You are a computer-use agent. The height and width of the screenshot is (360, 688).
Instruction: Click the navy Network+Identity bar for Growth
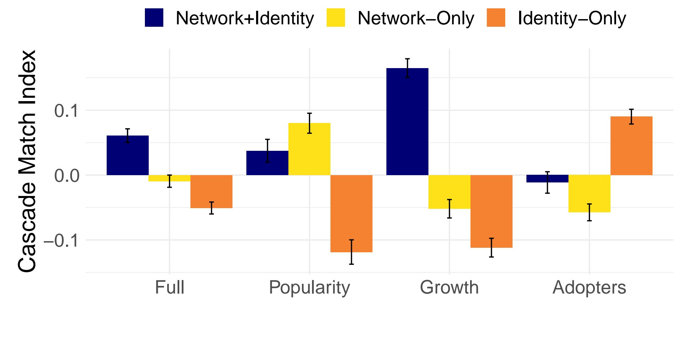coord(407,122)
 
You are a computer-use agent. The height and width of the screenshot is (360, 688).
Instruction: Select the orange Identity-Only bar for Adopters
coord(631,146)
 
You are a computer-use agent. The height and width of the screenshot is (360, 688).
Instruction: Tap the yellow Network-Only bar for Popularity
coord(309,149)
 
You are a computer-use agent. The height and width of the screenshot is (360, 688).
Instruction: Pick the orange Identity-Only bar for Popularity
coord(351,213)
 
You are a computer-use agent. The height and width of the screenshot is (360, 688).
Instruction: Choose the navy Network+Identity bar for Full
coord(128,155)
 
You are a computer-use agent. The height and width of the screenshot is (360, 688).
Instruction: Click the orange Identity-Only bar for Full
coord(211,191)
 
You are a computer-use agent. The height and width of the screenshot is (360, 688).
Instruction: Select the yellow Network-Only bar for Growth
coord(449,192)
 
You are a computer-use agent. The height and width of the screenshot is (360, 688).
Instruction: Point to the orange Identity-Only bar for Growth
coord(491,211)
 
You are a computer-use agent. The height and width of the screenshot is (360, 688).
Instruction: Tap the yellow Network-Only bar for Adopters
coord(589,194)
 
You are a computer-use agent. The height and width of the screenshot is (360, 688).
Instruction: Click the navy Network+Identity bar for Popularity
coord(267,163)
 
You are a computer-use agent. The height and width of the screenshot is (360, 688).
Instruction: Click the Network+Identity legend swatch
coord(154,18)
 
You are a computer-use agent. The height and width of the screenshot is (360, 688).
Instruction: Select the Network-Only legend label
coord(416,18)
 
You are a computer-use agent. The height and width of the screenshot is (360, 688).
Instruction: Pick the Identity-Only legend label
coord(572,18)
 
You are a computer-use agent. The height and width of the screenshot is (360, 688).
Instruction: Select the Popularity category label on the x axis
coord(309,288)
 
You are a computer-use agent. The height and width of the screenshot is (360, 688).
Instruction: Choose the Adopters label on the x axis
coord(589,288)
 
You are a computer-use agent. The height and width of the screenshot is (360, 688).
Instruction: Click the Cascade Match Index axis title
coord(27,161)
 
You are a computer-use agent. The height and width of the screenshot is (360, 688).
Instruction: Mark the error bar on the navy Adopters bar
coord(547,182)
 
